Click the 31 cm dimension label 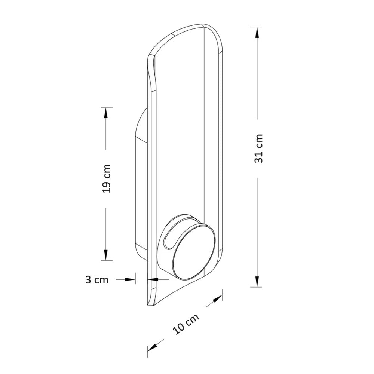[258, 148]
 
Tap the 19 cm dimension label [106, 178]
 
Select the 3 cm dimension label [97, 279]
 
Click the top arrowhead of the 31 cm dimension [257, 33]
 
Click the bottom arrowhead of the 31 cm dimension [257, 281]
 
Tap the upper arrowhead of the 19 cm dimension [106, 113]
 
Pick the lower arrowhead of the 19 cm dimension [106, 255]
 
